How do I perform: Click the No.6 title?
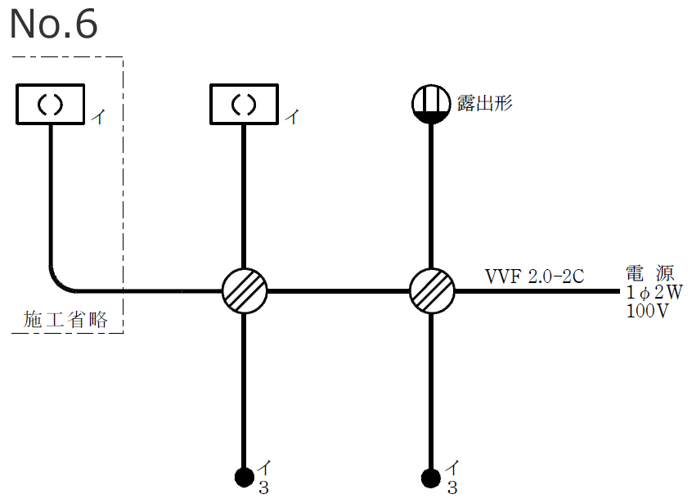tap(53, 25)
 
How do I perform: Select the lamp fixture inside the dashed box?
tap(51, 106)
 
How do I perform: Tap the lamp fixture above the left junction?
tap(245, 104)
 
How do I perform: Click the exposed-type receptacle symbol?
tap(430, 104)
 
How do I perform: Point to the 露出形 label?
tap(485, 103)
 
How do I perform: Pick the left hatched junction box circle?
tap(245, 291)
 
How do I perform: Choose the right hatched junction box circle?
tap(431, 291)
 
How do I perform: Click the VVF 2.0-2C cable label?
tap(535, 276)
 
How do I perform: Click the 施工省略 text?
tap(66, 320)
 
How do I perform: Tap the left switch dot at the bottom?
tap(244, 476)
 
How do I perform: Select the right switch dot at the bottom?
tap(430, 476)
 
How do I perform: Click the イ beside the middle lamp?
tap(291, 118)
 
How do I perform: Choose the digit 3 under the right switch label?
tap(452, 488)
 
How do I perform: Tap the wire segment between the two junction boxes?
tap(338, 291)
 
